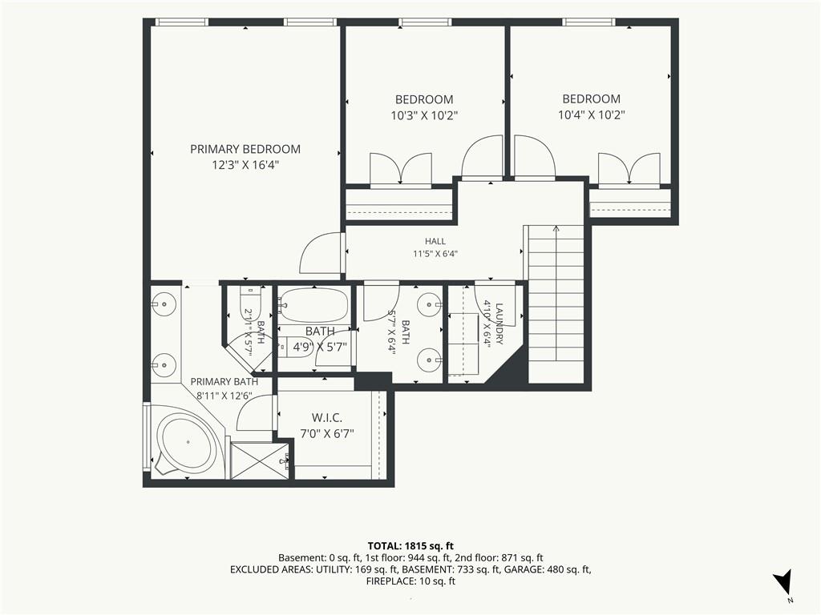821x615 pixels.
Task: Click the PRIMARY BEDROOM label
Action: [245, 149]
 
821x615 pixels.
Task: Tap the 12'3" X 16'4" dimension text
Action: [245, 165]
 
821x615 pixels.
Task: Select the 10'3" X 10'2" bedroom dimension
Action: [424, 115]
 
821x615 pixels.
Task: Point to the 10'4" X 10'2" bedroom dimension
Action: [591, 115]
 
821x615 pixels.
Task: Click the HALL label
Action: [435, 241]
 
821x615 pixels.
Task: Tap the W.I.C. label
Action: [327, 418]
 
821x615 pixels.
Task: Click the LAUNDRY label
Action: [499, 324]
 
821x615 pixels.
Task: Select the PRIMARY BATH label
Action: [224, 382]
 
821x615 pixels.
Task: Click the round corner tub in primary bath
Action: [188, 442]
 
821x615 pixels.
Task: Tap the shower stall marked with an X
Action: [259, 460]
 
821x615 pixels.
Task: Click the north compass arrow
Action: [783, 581]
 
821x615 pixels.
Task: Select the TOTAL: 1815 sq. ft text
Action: [410, 546]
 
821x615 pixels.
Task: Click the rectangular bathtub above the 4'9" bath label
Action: [313, 305]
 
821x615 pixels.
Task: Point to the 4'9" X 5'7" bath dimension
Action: [319, 347]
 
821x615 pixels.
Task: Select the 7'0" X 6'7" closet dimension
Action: [327, 433]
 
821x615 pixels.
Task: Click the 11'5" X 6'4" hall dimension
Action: [435, 254]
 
